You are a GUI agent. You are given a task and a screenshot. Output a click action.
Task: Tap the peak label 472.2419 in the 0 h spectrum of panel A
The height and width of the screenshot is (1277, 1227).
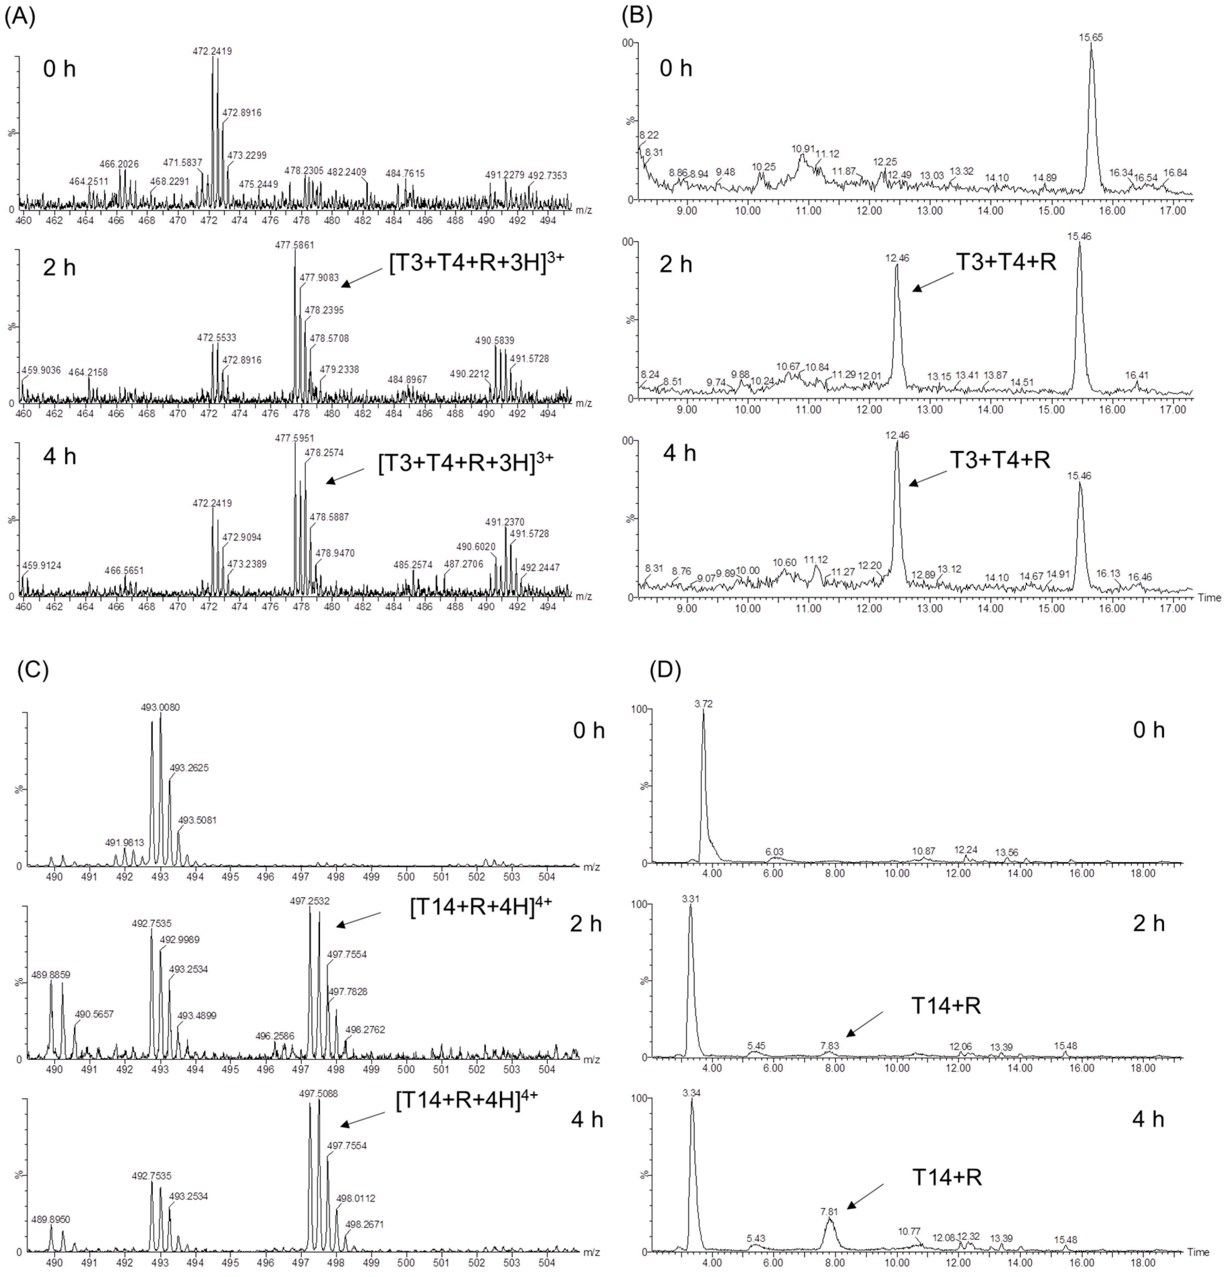point(212,51)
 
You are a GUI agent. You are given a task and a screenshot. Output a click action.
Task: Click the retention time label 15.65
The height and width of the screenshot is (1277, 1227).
point(1091,38)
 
